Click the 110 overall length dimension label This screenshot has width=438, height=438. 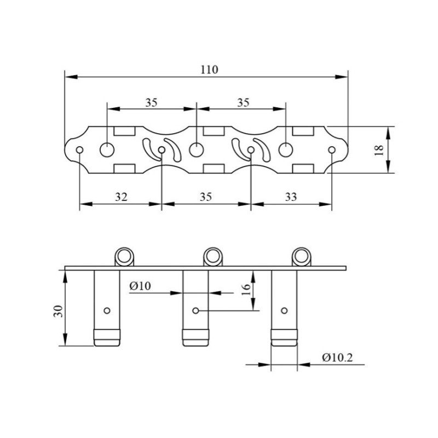(x=210, y=70)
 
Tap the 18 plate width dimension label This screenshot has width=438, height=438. (x=379, y=150)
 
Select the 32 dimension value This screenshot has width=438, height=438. (x=121, y=197)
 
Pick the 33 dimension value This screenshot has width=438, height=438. (x=291, y=197)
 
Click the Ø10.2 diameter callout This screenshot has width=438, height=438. (x=337, y=358)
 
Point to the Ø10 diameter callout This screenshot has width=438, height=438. (x=140, y=286)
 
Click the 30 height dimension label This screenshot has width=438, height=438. (x=59, y=311)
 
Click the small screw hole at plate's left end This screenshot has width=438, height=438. (x=79, y=150)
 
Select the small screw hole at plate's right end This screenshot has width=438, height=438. (x=332, y=150)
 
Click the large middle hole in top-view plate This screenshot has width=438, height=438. (x=197, y=149)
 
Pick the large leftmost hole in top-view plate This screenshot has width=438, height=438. (x=107, y=149)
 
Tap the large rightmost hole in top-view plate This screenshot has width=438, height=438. (x=286, y=149)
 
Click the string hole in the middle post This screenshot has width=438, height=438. (x=196, y=310)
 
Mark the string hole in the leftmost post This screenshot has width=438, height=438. (x=107, y=310)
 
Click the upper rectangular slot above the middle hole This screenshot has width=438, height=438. (x=214, y=131)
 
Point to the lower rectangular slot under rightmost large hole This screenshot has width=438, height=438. (x=303, y=169)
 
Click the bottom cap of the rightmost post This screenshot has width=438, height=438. (x=284, y=338)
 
